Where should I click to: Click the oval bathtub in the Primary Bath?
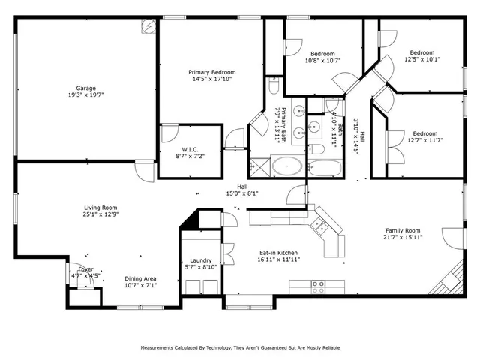pyautogui.click(x=286, y=166)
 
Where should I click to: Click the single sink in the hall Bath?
pyautogui.click(x=314, y=124)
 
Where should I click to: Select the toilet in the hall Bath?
pyautogui.click(x=316, y=149)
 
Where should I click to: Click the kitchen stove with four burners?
pyautogui.click(x=318, y=286)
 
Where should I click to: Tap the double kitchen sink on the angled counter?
pyautogui.click(x=320, y=223)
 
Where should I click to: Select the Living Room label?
pyautogui.click(x=100, y=208)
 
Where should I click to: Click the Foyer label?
pyautogui.click(x=86, y=268)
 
